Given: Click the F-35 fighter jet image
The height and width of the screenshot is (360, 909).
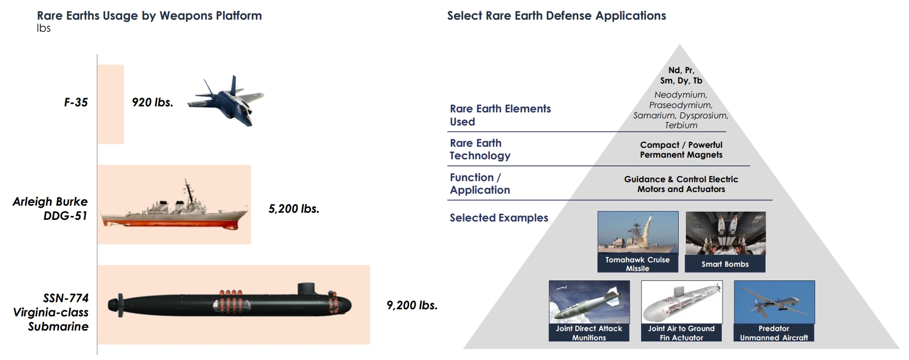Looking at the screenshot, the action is tap(226, 101).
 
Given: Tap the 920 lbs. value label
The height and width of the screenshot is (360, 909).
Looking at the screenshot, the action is tap(153, 103).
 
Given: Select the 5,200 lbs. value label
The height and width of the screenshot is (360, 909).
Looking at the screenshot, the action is tap(294, 208).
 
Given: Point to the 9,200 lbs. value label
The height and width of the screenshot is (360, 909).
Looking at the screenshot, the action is tap(412, 305).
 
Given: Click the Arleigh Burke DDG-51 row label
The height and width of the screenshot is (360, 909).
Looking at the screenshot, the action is tap(50, 208).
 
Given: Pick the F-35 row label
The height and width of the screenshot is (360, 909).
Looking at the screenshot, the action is tap(76, 103).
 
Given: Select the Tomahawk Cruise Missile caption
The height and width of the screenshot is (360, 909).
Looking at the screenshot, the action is tap(637, 264).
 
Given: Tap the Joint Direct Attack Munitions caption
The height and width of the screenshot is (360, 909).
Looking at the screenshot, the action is tap(589, 333).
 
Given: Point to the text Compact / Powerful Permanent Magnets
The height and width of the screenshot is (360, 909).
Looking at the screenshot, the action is tap(681, 150).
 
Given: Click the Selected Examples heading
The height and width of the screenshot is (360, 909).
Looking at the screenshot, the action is tap(499, 218).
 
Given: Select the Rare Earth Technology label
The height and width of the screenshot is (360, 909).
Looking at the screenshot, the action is tap(480, 149).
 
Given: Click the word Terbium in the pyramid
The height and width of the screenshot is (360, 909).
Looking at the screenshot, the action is tap(681, 125).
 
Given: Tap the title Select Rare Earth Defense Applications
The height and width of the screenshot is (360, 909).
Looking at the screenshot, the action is tap(557, 16).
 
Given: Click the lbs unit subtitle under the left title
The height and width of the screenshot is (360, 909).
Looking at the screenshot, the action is tap(44, 28).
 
